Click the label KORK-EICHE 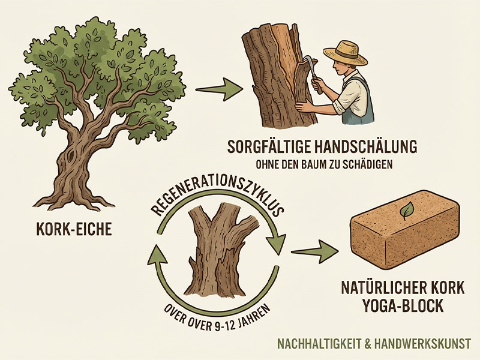pos(74,229)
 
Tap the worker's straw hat pos(346,52)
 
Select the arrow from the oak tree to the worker pos(219,89)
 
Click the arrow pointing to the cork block pos(314,251)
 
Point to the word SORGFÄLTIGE pos(268,147)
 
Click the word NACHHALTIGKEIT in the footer pos(319,343)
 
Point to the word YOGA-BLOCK pos(403,305)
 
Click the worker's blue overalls pos(359,101)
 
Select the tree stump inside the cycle pos(217,250)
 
